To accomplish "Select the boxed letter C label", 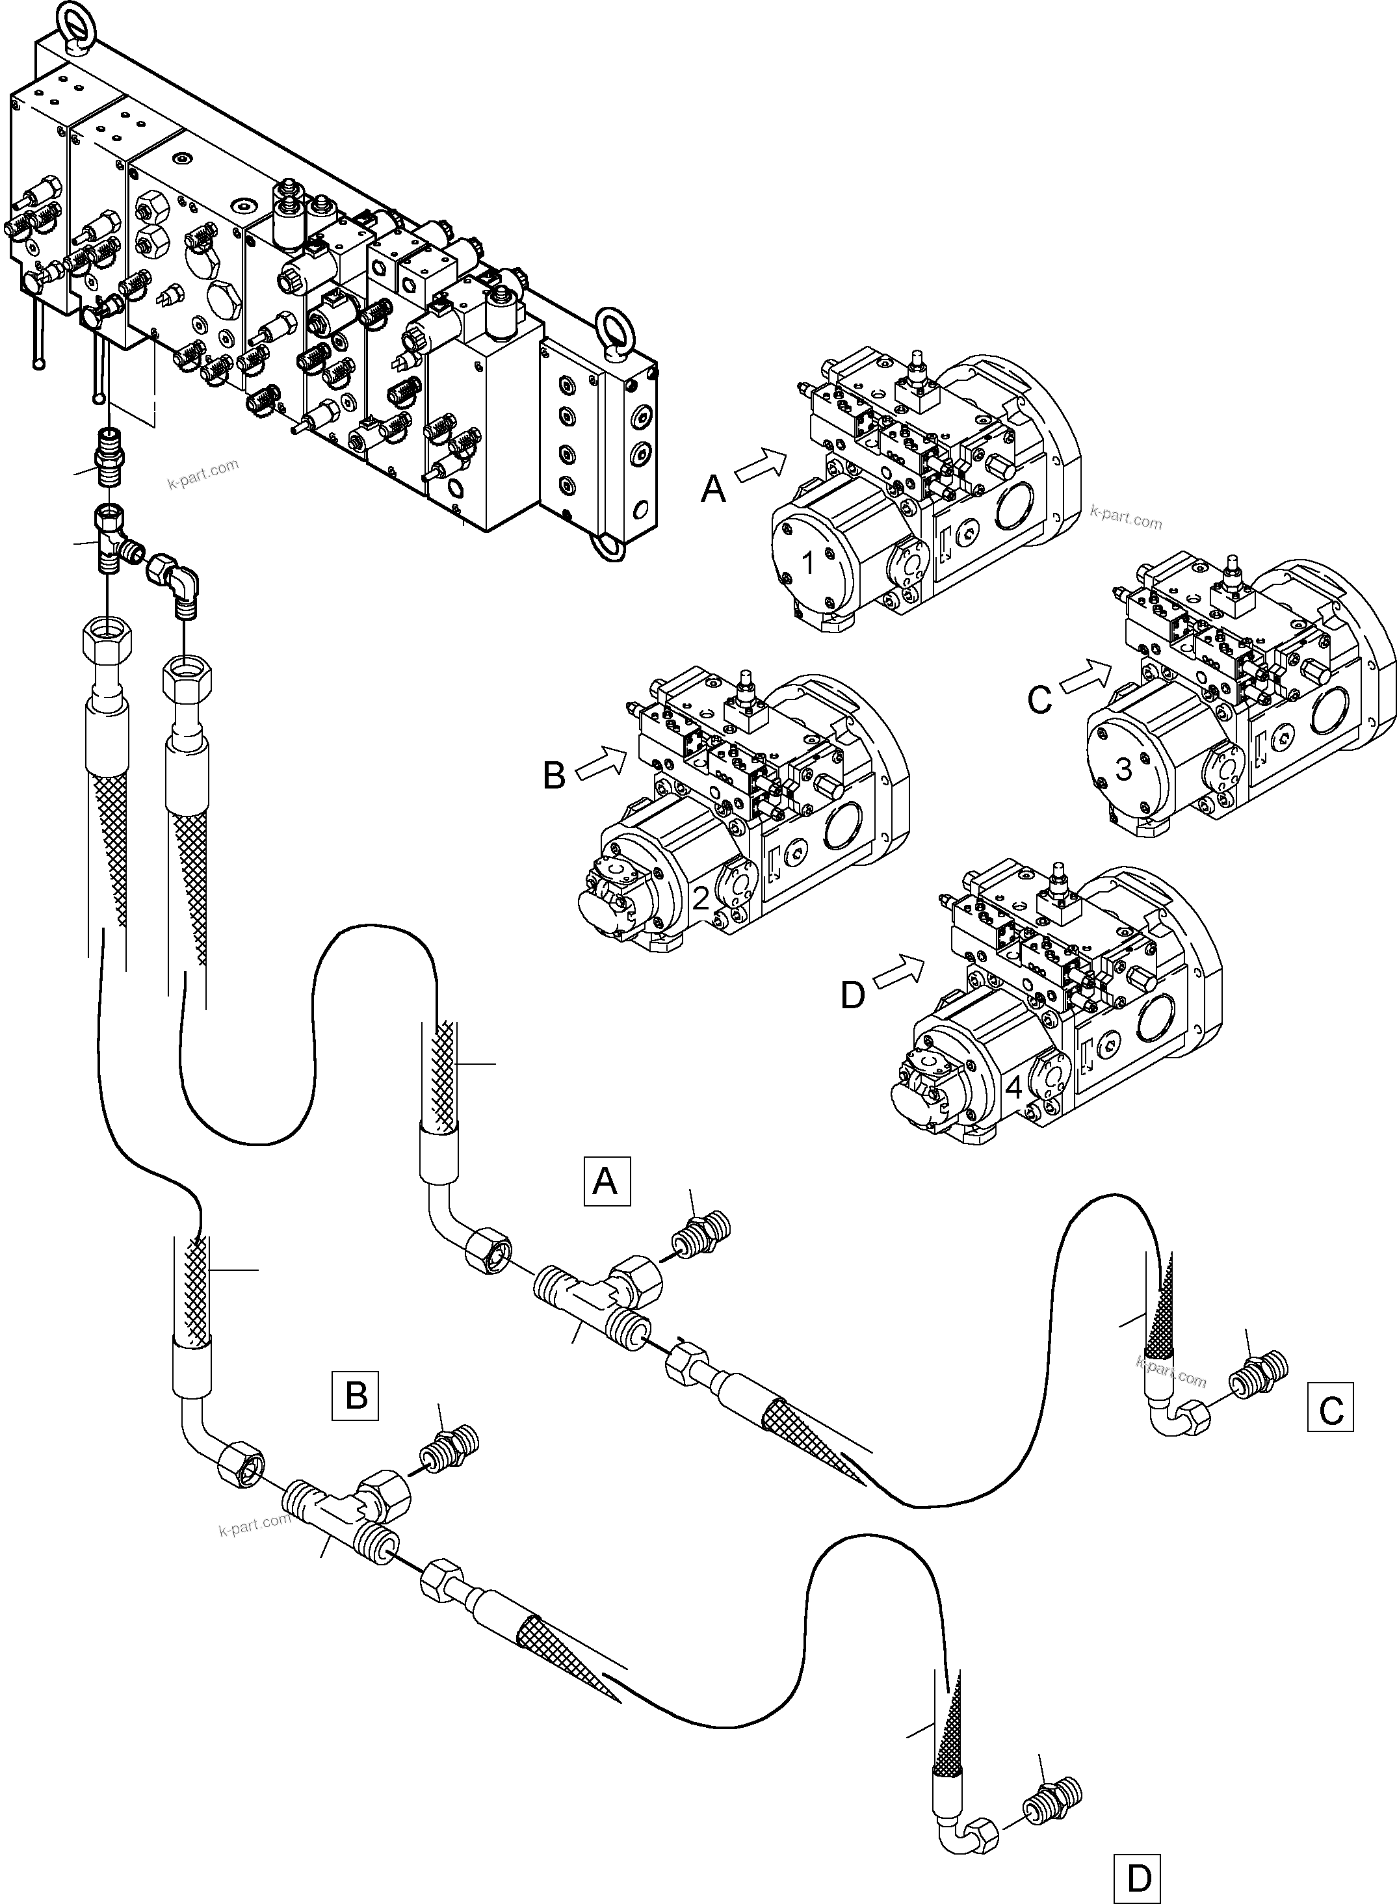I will (1330, 1407).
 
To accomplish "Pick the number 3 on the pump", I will (1123, 770).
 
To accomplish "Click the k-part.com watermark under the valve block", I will (203, 475).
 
